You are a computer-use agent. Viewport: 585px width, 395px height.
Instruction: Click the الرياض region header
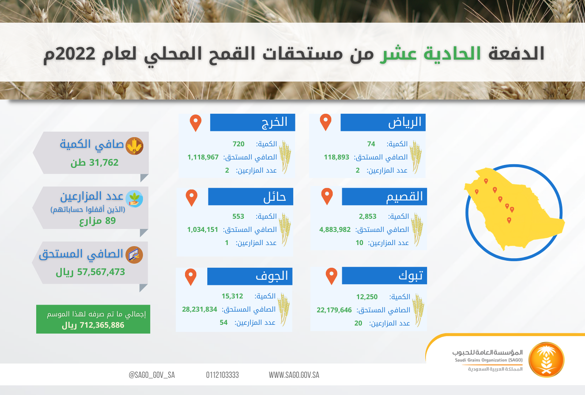click(x=383, y=122)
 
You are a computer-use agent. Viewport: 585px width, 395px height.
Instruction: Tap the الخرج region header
click(x=253, y=122)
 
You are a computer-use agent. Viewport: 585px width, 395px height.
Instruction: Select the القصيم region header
click(x=384, y=196)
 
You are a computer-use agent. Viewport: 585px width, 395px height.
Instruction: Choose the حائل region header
click(x=251, y=196)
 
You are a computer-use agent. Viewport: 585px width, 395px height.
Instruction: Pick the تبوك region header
click(x=384, y=276)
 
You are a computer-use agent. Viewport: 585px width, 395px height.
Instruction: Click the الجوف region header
click(x=250, y=276)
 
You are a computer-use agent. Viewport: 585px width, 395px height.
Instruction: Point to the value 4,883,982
click(x=335, y=230)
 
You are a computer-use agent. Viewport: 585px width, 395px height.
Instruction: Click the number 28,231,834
click(x=200, y=309)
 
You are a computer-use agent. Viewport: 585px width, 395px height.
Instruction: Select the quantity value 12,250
click(x=367, y=297)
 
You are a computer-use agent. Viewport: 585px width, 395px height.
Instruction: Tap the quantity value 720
click(x=238, y=144)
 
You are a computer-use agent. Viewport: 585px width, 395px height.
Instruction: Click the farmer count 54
click(x=223, y=322)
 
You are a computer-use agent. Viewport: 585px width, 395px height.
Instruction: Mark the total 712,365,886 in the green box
click(x=102, y=325)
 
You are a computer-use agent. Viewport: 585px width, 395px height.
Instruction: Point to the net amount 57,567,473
click(x=101, y=272)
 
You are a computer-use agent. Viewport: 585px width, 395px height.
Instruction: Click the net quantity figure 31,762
click(x=104, y=162)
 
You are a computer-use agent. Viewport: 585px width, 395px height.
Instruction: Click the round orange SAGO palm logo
click(x=546, y=360)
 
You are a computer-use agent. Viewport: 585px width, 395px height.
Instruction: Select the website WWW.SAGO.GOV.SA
click(x=294, y=375)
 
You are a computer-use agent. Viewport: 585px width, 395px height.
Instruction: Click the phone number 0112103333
click(x=222, y=375)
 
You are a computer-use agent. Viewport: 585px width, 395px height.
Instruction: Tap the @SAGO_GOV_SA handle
click(x=152, y=375)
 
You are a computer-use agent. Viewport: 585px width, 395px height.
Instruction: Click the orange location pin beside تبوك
click(x=331, y=276)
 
